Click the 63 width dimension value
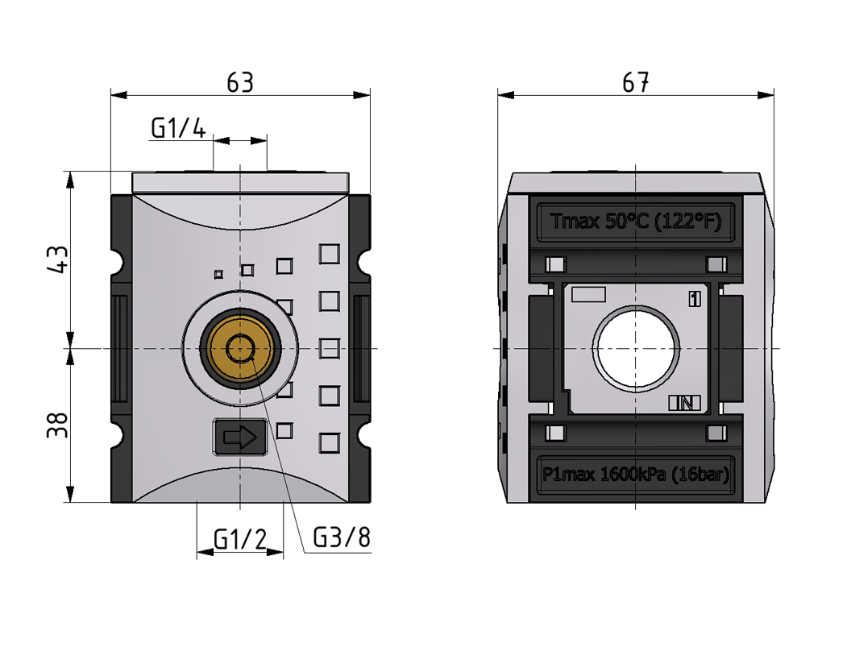coord(240,82)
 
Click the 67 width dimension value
coord(636,82)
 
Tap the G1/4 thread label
coord(178,128)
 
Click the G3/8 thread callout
coord(341,537)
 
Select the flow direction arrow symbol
coord(239,438)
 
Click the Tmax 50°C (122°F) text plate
coord(635,222)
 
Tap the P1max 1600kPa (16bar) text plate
coord(635,475)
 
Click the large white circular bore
coord(637,349)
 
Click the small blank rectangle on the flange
coord(588,295)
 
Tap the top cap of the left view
coord(240,181)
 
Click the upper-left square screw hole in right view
coord(554,264)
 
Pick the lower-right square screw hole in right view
coord(715,433)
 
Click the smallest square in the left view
coord(218,274)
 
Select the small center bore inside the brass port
coord(240,349)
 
